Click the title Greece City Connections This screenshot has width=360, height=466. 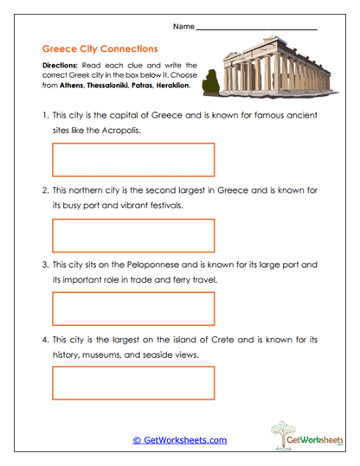(x=100, y=49)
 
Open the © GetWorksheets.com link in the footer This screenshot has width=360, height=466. (x=179, y=440)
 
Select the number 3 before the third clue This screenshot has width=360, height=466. (x=44, y=263)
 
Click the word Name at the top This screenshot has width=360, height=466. (x=183, y=26)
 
